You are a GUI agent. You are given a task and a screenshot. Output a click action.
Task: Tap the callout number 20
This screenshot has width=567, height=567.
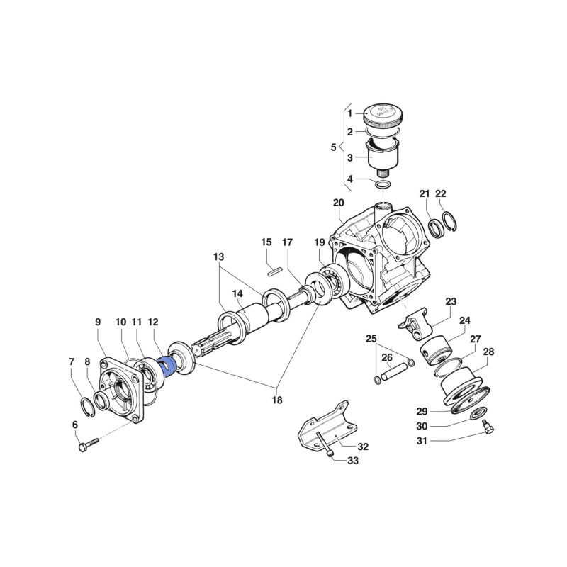[x=338, y=203]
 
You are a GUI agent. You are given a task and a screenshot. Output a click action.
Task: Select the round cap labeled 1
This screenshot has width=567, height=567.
[x=383, y=116]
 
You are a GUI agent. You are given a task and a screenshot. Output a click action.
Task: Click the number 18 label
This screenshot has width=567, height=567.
[x=276, y=400]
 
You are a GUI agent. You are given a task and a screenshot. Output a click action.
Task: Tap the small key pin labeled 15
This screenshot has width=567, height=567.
[x=276, y=269]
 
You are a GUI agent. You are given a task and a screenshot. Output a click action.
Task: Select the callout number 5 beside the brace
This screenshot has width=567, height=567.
[x=334, y=147]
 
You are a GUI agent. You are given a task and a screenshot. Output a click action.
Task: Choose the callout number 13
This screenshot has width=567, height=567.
[x=218, y=256]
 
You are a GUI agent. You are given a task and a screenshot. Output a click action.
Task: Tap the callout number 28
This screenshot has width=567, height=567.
[x=489, y=352]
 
